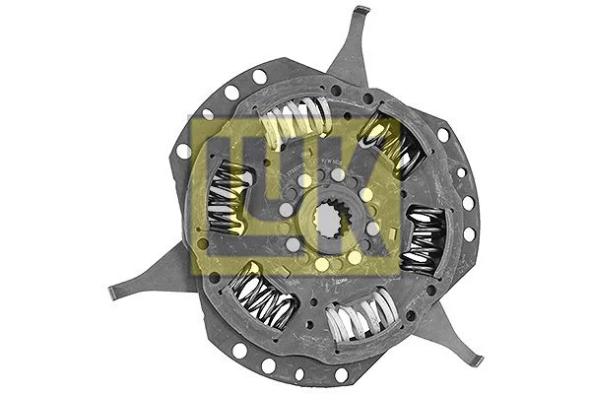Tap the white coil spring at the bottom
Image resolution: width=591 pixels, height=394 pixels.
[360, 320]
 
